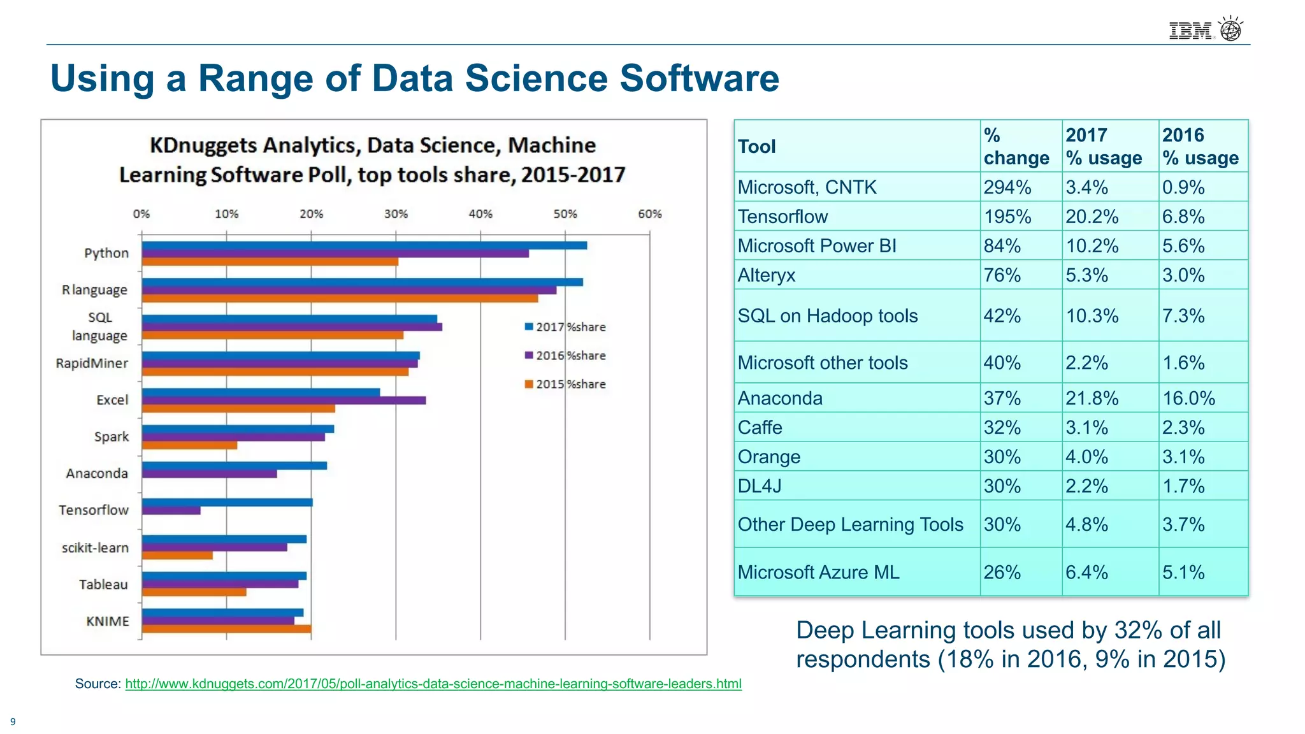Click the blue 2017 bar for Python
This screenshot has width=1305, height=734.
click(x=364, y=245)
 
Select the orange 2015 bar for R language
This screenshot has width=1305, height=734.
click(x=340, y=298)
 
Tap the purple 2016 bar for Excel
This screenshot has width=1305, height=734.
click(x=284, y=401)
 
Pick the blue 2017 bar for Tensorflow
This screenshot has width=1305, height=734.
click(x=227, y=503)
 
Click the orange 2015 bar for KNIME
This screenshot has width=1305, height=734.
click(x=226, y=629)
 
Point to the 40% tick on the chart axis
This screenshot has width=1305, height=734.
click(x=480, y=214)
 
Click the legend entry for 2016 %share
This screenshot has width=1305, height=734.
click(x=565, y=356)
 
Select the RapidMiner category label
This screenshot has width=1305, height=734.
click(x=92, y=363)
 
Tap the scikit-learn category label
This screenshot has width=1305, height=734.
click(x=95, y=548)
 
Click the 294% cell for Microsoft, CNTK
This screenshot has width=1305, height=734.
click(x=1007, y=187)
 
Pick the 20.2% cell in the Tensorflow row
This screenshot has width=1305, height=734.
click(x=1092, y=217)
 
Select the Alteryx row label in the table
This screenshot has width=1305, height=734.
click(x=767, y=275)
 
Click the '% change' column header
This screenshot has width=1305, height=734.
click(x=1016, y=147)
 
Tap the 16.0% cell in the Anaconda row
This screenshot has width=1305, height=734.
click(x=1188, y=398)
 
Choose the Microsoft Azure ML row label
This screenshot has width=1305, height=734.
click(x=818, y=572)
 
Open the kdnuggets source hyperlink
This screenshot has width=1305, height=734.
click(x=433, y=684)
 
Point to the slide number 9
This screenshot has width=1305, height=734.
click(x=13, y=722)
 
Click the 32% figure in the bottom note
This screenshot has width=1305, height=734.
click(x=1138, y=630)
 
